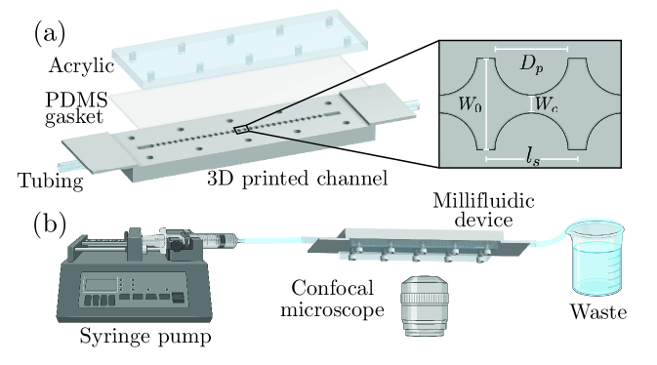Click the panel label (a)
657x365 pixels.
(50, 33)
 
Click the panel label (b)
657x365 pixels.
(50, 224)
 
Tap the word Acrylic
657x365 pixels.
(81, 66)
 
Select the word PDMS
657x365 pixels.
(77, 100)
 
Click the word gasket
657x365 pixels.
(74, 117)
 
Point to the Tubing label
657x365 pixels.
(51, 182)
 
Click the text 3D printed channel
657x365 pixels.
(297, 179)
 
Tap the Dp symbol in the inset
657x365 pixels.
(532, 65)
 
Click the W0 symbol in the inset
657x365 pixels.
(471, 103)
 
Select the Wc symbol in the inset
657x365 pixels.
(548, 103)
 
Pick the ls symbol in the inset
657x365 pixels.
(533, 158)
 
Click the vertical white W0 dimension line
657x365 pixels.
(486, 103)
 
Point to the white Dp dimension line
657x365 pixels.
(531, 49)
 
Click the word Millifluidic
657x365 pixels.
(483, 201)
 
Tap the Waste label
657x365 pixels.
(598, 312)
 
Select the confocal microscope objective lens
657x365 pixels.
(425, 305)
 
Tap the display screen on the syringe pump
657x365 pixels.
(101, 285)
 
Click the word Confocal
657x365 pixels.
(332, 288)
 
